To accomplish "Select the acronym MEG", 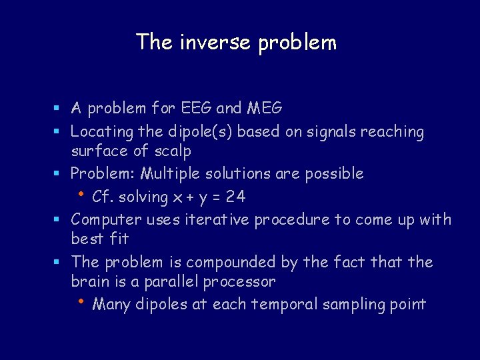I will click(265, 107).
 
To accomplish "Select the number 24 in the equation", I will click(235, 197).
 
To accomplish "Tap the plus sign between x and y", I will click(196, 197).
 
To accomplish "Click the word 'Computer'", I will click(102, 219).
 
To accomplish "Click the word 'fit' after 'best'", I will click(119, 238).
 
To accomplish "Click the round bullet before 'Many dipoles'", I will click(80, 302).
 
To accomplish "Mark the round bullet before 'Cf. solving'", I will click(80, 194).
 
